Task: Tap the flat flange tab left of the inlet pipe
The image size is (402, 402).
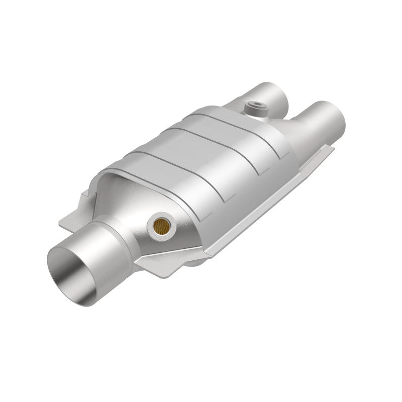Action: pyautogui.click(x=70, y=221)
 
